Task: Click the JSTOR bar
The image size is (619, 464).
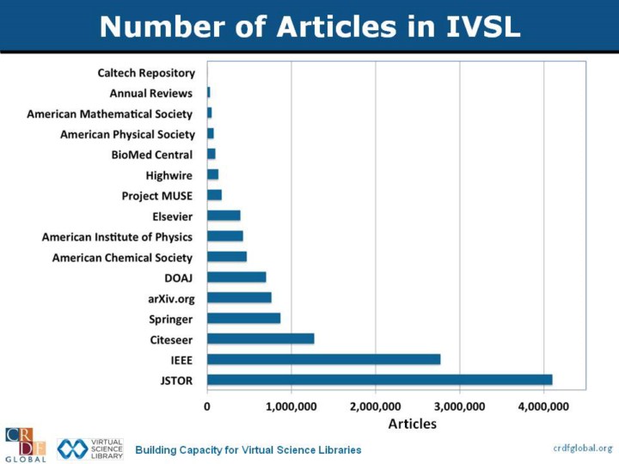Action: [x=379, y=379]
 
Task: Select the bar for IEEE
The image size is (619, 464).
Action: [x=323, y=359]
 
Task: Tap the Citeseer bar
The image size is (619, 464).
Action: [x=260, y=339]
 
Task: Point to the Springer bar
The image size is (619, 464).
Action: [x=243, y=318]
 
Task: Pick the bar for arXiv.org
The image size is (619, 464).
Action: [x=239, y=297]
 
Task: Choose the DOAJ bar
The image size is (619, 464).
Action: [x=236, y=277]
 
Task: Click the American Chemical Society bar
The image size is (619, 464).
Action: [x=227, y=256]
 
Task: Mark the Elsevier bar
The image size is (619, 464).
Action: [x=224, y=215]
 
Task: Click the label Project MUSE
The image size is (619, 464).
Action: [x=157, y=195]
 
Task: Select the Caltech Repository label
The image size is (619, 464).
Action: [x=146, y=72]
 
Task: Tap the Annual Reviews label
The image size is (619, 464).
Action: [x=151, y=93]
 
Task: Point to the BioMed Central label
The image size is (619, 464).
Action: [x=152, y=154]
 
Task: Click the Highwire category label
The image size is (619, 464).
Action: [x=169, y=174]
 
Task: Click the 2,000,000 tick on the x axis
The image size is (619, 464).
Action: [x=376, y=405]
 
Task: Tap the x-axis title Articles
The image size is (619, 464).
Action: [x=412, y=423]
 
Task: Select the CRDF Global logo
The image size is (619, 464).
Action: [x=25, y=444]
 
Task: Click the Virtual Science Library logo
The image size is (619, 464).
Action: [x=90, y=449]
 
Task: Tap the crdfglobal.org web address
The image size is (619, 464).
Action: [x=581, y=448]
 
